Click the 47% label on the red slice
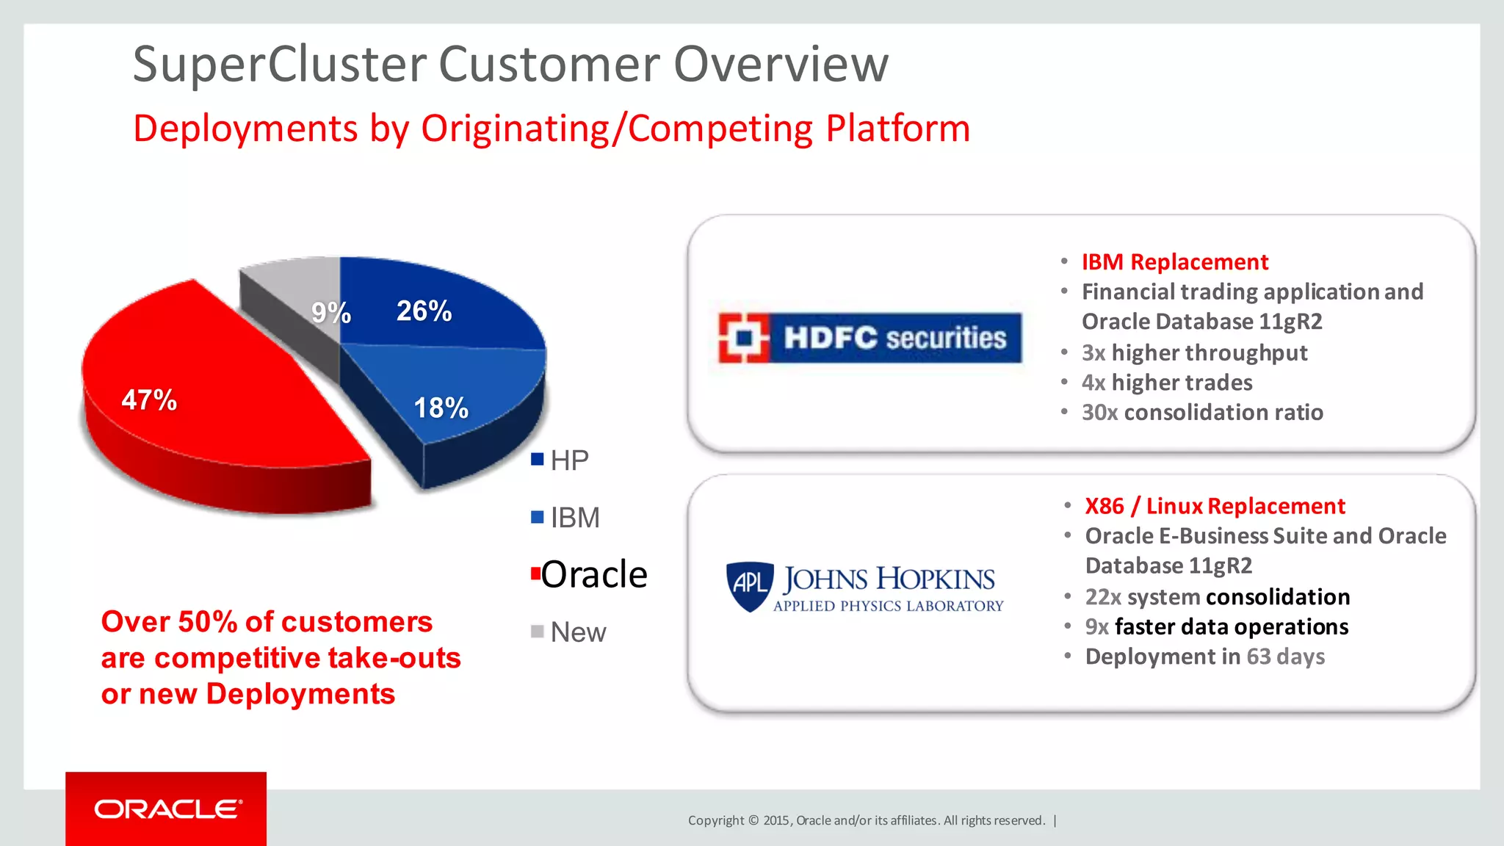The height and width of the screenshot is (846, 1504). coord(149,400)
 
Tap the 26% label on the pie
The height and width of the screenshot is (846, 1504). coord(424,311)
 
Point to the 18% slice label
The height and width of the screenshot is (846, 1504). coord(441,408)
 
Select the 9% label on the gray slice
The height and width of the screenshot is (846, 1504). coord(331,313)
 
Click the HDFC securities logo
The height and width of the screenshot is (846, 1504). coord(869,338)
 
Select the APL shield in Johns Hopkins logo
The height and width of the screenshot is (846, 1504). coord(750,585)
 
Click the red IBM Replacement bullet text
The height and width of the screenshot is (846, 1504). coord(1174,262)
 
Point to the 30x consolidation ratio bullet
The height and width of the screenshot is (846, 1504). coord(1202,413)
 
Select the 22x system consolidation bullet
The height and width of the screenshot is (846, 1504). coord(1217,597)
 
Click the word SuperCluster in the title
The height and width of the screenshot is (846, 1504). coord(279,65)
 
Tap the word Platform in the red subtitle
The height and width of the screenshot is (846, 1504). coord(897,129)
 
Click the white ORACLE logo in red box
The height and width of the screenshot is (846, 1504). coord(168,809)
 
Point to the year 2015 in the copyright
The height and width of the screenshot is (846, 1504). coord(775,820)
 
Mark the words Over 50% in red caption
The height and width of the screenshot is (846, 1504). coord(170,622)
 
